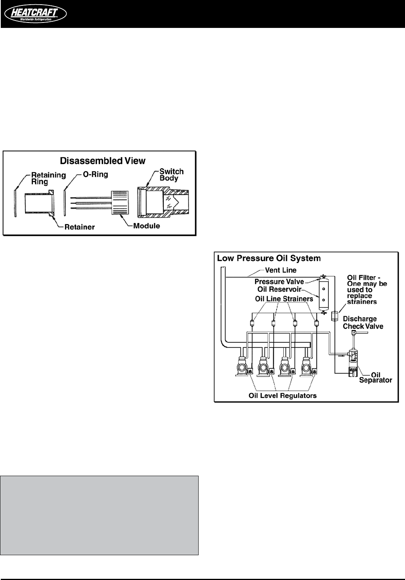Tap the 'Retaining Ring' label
coord(48,178)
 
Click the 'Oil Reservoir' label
coord(279,289)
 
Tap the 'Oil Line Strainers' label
coord(284,299)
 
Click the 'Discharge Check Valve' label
coord(363,323)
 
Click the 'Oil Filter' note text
coord(366,289)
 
